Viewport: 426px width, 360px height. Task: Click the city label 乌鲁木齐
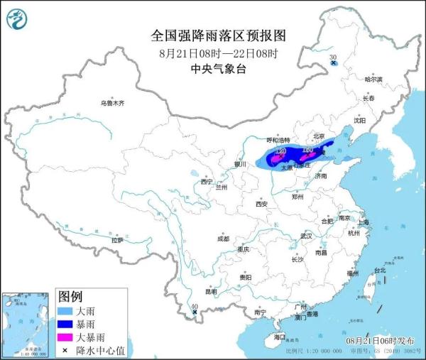[x=111, y=104]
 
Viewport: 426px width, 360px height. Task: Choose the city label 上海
[x=364, y=222]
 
